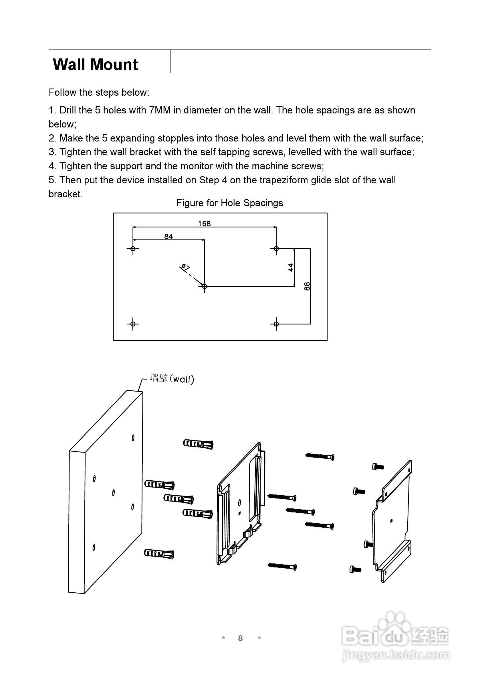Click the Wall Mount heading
point(95,64)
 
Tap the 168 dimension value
point(205,224)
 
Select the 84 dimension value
point(168,236)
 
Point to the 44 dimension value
point(291,267)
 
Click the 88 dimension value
point(307,286)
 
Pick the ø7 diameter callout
point(185,267)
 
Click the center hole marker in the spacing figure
point(205,286)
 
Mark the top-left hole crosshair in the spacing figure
point(133,249)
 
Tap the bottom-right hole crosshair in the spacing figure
point(276,324)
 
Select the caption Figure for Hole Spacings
point(230,203)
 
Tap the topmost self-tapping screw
point(320,456)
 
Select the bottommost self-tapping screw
point(282,566)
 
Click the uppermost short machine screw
point(378,467)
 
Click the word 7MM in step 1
point(160,110)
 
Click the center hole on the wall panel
point(113,493)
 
